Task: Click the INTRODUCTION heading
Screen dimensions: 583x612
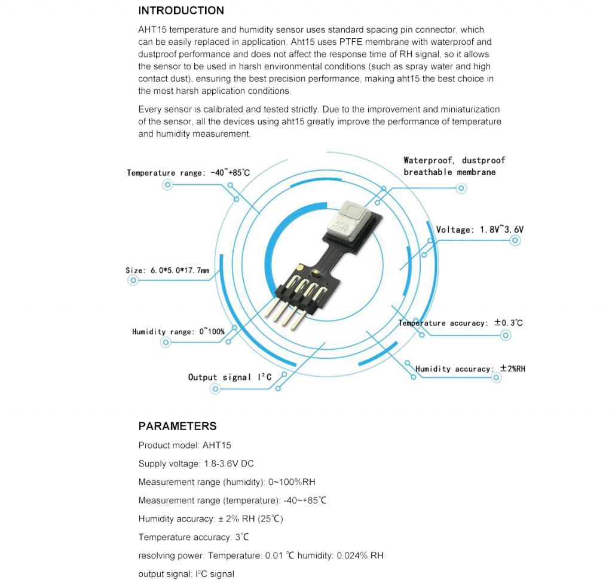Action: [181, 11]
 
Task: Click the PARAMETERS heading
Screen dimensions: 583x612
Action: [177, 426]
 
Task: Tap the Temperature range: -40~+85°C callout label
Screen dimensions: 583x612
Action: [188, 173]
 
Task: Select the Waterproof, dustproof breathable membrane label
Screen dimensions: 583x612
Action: [454, 166]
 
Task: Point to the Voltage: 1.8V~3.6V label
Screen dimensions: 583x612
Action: [479, 230]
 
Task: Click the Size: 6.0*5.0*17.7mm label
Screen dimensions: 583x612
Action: [167, 271]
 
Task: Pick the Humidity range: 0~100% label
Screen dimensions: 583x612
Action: [178, 331]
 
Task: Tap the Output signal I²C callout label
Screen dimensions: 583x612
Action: [229, 377]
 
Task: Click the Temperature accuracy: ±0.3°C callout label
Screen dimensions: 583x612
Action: [460, 323]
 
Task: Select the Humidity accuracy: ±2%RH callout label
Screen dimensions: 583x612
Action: [470, 369]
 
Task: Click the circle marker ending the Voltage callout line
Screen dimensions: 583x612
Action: [515, 240]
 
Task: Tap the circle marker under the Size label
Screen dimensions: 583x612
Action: [133, 280]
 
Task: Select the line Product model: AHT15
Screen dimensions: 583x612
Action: [184, 445]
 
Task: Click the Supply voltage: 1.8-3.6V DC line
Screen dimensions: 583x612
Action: [195, 464]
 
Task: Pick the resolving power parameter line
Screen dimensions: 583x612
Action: [261, 555]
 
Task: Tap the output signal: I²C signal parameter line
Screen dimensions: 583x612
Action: [186, 574]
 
